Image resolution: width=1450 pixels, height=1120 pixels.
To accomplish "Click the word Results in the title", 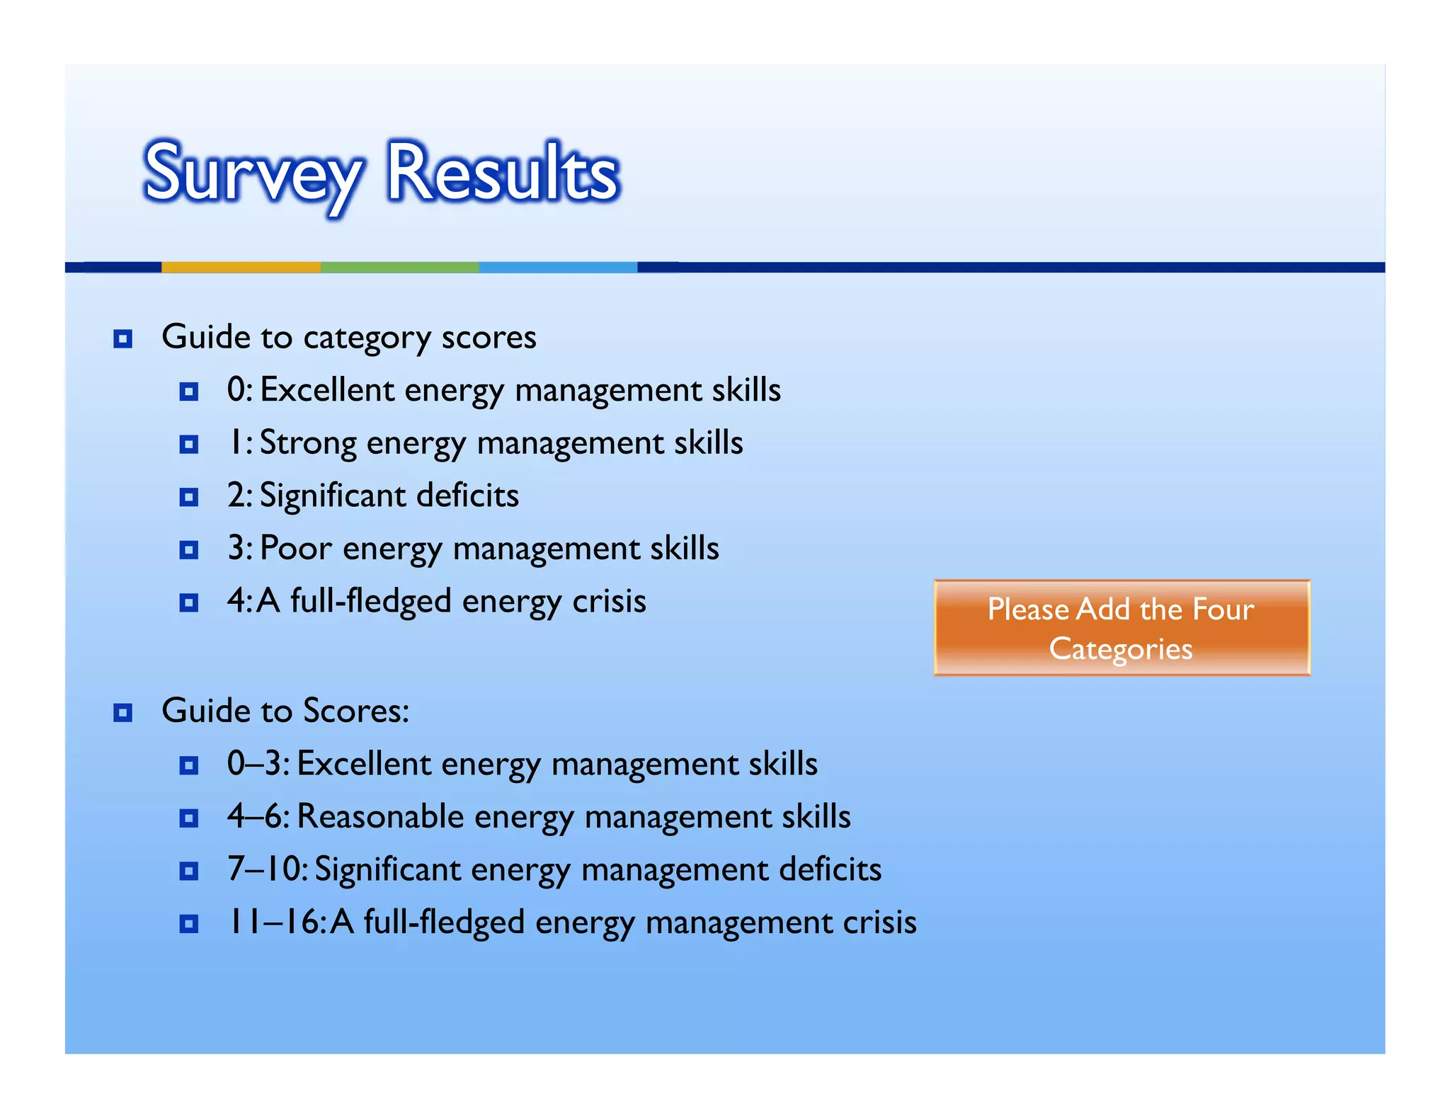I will (503, 172).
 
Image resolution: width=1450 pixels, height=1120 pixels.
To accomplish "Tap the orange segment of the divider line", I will (241, 267).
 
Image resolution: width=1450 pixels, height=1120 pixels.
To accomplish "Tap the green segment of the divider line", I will (400, 267).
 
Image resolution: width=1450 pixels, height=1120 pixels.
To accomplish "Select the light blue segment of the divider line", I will (558, 267).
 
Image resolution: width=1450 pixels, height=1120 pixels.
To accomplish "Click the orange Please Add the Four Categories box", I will (1121, 627).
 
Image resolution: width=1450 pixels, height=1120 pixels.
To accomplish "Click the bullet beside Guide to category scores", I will (123, 339).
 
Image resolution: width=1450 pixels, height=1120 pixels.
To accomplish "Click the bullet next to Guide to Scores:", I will (123, 712).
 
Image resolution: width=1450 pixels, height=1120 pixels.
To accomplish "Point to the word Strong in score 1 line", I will (308, 443).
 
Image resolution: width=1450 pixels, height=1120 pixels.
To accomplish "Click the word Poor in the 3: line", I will (295, 549).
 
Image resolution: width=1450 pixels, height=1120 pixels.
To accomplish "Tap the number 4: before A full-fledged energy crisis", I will (239, 602).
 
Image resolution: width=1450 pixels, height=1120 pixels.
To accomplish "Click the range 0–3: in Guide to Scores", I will (258, 764).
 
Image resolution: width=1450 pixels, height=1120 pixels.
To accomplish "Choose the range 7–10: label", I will (267, 869).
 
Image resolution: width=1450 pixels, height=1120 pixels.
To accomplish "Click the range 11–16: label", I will (276, 922).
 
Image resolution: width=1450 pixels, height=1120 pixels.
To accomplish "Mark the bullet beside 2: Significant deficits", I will (189, 497).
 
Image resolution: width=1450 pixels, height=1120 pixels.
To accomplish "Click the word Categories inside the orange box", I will (1121, 649).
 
